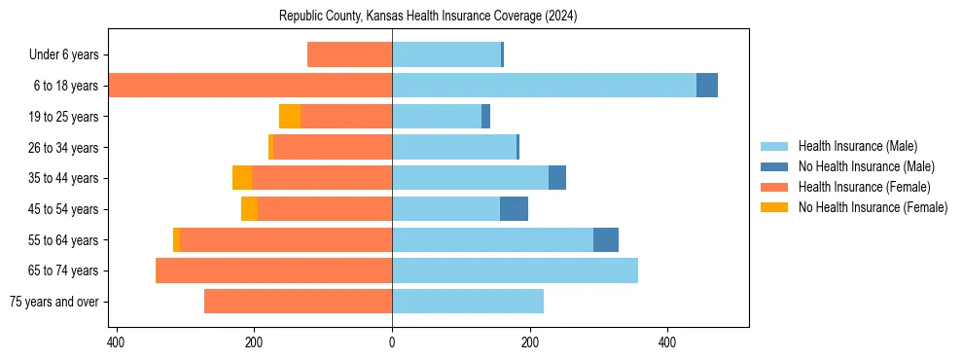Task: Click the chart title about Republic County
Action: point(428,17)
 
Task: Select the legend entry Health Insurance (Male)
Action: point(857,146)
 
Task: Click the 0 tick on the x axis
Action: point(392,342)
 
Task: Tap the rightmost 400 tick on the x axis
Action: point(667,342)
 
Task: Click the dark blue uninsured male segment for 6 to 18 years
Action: point(707,86)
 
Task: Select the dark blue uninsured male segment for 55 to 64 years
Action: point(606,239)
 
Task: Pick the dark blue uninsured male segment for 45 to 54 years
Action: point(514,209)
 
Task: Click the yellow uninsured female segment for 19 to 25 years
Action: point(290,117)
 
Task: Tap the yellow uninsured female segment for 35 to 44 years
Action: point(242,178)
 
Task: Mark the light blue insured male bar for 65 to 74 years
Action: point(515,270)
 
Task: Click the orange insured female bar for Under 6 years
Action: point(349,55)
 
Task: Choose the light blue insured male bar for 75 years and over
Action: point(468,302)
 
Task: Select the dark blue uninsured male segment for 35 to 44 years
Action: point(557,178)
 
